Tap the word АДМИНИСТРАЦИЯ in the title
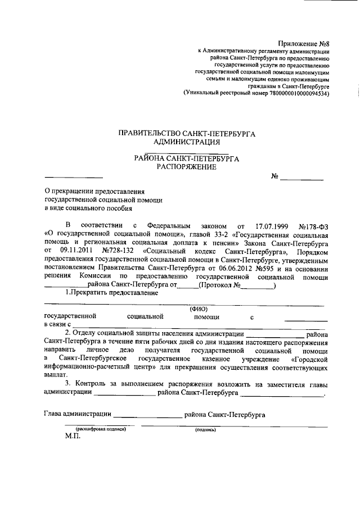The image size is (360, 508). [x=187, y=142]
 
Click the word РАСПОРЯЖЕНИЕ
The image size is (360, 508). [x=187, y=167]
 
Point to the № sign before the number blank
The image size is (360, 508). [x=275, y=176]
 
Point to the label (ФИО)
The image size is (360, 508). [x=199, y=309]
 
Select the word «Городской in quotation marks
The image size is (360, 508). [x=308, y=358]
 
